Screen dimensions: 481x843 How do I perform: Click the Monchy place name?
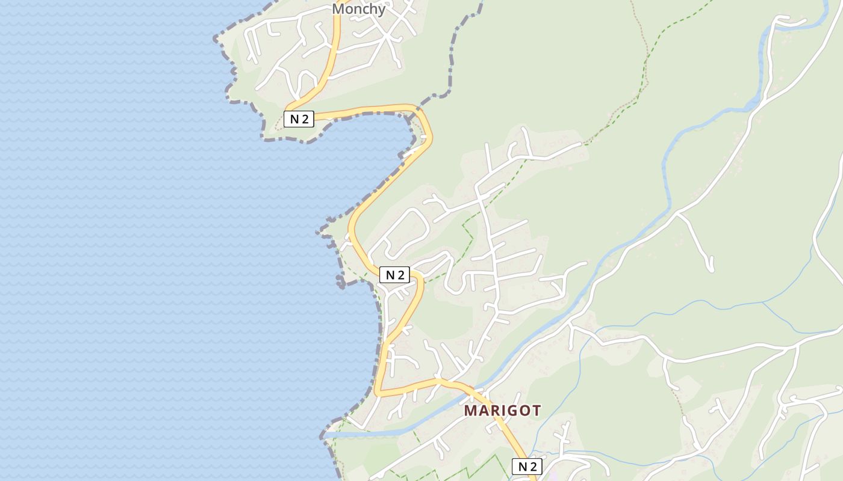tap(358, 9)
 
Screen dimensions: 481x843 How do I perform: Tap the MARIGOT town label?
tap(502, 411)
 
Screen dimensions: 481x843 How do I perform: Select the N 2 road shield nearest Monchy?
tap(299, 118)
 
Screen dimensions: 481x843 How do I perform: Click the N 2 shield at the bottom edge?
tap(527, 467)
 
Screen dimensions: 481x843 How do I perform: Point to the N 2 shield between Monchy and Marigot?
tap(394, 275)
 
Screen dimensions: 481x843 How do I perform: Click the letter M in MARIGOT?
tap(471, 411)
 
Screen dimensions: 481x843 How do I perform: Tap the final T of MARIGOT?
tap(535, 411)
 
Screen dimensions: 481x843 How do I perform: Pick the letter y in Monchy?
tap(381, 10)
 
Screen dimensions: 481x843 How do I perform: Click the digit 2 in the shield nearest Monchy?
tap(305, 118)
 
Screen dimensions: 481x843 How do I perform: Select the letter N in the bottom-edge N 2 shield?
tap(521, 467)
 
